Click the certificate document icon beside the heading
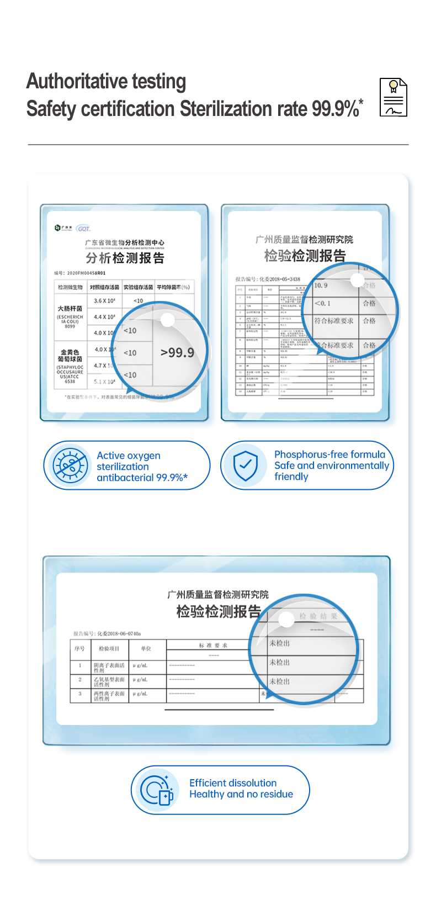click(393, 98)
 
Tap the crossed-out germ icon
click(70, 465)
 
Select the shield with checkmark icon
click(246, 465)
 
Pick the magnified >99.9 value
click(177, 352)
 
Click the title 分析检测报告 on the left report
click(125, 258)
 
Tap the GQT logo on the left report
click(83, 228)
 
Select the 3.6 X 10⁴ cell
click(104, 301)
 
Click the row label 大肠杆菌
click(70, 308)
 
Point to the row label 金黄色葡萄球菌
click(70, 355)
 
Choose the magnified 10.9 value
click(321, 285)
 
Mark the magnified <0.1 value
click(322, 303)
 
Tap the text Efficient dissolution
click(233, 783)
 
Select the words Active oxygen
click(129, 456)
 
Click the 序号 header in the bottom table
click(80, 648)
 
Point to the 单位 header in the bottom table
click(146, 648)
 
